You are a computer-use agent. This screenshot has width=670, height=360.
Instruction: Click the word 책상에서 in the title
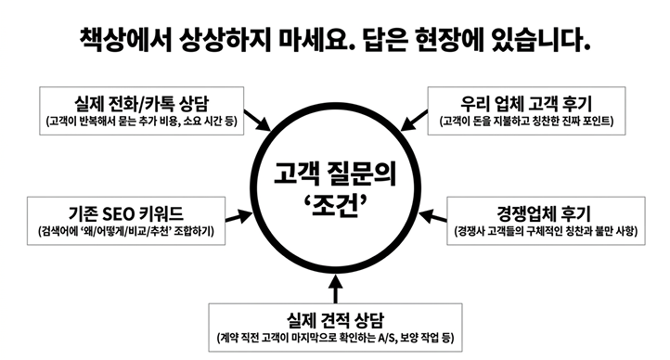point(126,40)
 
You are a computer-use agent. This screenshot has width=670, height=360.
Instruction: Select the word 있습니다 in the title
point(541,40)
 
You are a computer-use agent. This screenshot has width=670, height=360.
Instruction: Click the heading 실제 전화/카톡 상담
point(141,104)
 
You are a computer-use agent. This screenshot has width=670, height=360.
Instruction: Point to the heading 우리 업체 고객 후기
point(526,104)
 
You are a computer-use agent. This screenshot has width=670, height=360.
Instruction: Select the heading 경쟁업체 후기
point(546,213)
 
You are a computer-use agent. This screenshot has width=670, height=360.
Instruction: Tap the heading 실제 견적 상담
point(335,320)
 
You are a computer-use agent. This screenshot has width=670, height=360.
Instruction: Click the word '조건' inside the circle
point(335,207)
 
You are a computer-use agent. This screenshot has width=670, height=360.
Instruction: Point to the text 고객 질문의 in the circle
point(335,174)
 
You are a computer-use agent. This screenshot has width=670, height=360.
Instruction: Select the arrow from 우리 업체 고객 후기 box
point(414,120)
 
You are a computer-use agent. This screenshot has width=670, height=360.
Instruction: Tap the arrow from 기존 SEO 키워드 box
point(239,216)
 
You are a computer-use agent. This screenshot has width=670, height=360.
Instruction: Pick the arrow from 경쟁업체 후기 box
point(432,216)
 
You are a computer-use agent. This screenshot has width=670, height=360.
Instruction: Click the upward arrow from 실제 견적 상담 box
point(336,289)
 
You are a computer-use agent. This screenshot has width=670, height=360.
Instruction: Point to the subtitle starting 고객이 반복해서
point(141,122)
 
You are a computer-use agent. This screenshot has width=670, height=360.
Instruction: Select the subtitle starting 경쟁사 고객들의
point(546,231)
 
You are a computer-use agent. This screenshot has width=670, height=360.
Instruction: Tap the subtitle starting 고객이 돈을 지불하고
point(526,122)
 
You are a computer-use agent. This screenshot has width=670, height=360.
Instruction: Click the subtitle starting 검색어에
point(126,231)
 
